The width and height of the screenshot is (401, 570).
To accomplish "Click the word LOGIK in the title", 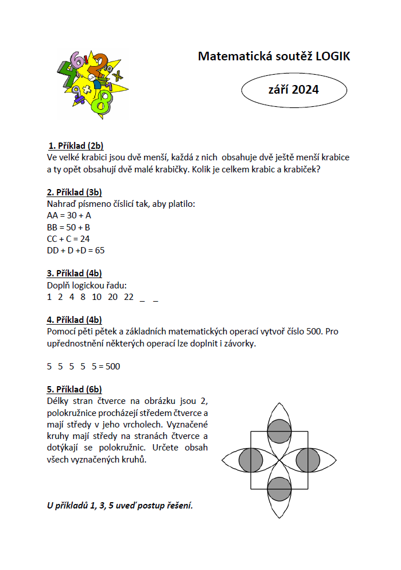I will pyautogui.click(x=332, y=56).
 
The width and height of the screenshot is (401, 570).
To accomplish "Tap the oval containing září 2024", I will pyautogui.click(x=294, y=90).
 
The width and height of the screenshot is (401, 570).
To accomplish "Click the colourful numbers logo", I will pyautogui.click(x=89, y=84).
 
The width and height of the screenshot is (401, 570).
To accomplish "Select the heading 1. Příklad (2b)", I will pyautogui.click(x=76, y=145).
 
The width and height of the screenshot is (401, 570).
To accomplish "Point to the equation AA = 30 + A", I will pyautogui.click(x=69, y=215).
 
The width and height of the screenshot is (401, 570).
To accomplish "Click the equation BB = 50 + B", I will pyautogui.click(x=68, y=227).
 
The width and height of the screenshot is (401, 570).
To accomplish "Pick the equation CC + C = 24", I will pyautogui.click(x=68, y=238).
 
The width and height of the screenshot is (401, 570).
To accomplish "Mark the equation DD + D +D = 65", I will pyautogui.click(x=76, y=250).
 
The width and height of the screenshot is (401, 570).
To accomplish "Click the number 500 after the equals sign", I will pyautogui.click(x=113, y=367).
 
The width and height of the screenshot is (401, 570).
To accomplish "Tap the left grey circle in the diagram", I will pyautogui.click(x=251, y=460).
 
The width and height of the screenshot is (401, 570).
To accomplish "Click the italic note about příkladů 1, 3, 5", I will pyautogui.click(x=119, y=506).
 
